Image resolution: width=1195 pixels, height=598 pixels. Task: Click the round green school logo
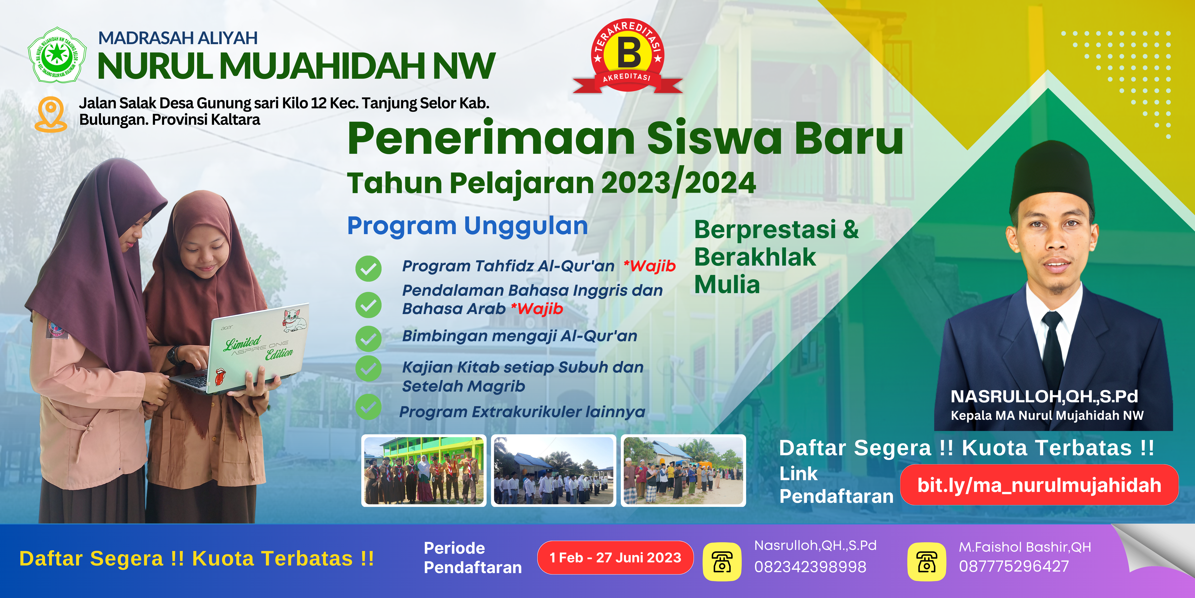(x=57, y=55)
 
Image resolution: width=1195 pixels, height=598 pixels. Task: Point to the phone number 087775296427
(x=1014, y=567)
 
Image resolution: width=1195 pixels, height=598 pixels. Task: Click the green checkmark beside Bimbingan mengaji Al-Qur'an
(x=368, y=338)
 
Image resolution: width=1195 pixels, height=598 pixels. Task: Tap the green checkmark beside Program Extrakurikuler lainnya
(x=368, y=407)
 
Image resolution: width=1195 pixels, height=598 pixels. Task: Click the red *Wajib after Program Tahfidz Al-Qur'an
(x=650, y=266)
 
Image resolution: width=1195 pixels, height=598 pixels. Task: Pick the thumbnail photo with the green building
(x=424, y=470)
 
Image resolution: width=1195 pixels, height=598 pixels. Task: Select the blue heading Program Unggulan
(x=468, y=226)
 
